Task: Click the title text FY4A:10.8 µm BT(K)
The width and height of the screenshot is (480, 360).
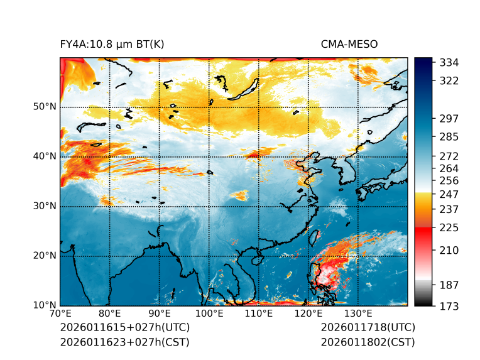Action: pos(112,44)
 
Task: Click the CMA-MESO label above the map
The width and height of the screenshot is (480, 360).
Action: pos(349,44)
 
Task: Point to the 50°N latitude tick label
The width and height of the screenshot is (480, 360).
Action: pos(45,107)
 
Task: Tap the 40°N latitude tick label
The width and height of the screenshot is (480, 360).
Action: pos(45,156)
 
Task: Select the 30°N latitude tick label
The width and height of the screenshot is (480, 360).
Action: pos(45,206)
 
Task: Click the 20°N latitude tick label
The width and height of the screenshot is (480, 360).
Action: pos(45,256)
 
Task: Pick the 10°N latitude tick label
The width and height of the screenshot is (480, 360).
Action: pos(45,305)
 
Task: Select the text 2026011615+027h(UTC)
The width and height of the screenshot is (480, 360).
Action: pos(124,328)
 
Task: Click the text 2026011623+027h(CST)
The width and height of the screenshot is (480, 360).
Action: pos(124,342)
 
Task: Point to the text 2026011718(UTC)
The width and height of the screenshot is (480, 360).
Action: pos(368,328)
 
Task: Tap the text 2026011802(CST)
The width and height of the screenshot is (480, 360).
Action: pos(368,342)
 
